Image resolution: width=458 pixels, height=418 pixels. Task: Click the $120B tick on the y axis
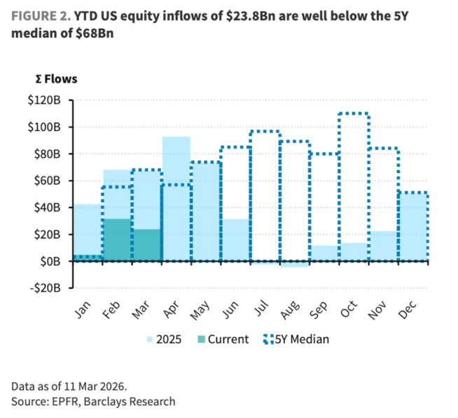pyautogui.click(x=48, y=100)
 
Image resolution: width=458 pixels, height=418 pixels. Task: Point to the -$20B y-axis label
pyautogui.click(x=48, y=288)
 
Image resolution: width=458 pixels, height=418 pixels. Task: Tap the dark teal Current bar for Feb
pyautogui.click(x=117, y=240)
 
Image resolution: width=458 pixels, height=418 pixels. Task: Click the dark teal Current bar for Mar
pyautogui.click(x=146, y=245)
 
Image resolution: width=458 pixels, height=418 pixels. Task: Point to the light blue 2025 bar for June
pyautogui.click(x=235, y=240)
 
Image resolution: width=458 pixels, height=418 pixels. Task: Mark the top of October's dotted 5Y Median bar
pyautogui.click(x=354, y=114)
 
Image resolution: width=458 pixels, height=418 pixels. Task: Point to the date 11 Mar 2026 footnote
pyautogui.click(x=97, y=386)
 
